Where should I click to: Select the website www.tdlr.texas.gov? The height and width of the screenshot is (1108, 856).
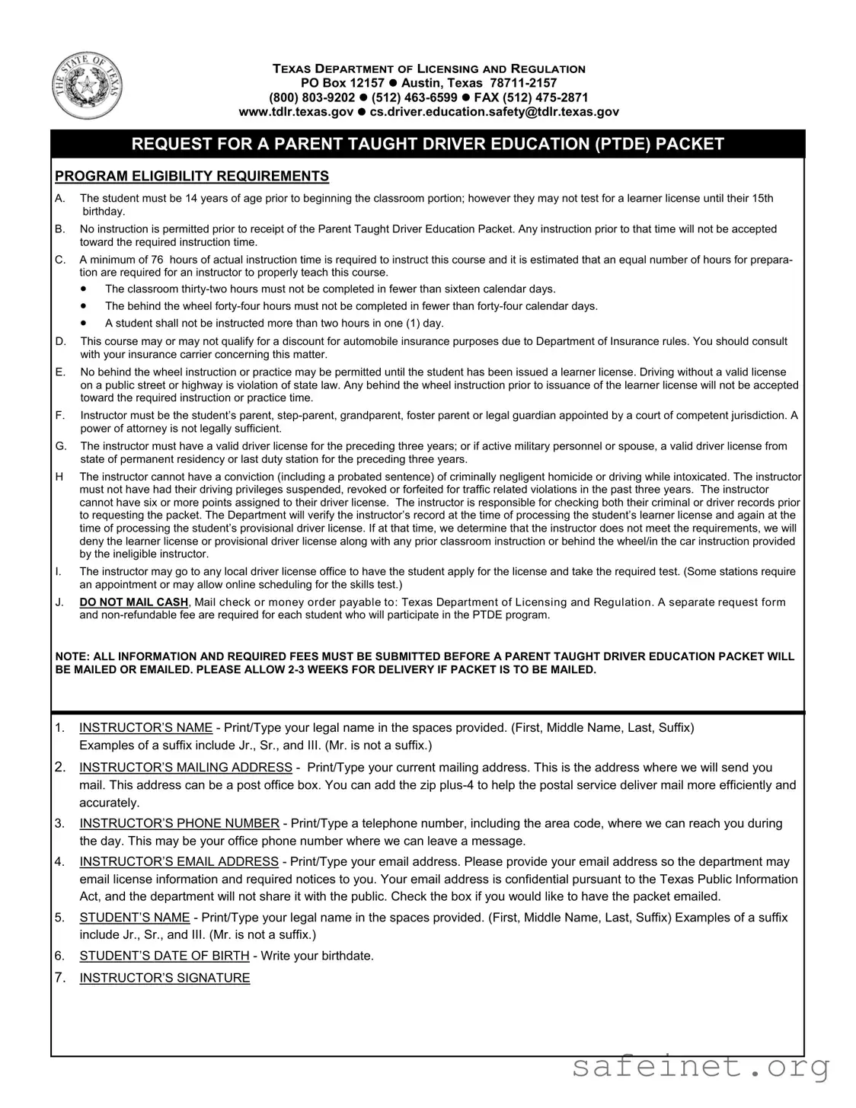[x=296, y=112]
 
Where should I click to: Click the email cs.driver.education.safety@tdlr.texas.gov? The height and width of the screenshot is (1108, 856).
[x=494, y=112]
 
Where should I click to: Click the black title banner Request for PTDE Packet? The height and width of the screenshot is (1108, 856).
[x=427, y=144]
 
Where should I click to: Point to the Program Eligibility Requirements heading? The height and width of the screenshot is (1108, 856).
[x=192, y=177]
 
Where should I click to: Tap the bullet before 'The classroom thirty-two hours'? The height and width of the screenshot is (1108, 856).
[x=83, y=289]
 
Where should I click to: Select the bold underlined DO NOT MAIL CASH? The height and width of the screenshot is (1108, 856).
[x=134, y=602]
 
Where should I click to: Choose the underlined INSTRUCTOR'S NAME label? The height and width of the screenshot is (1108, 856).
[x=145, y=728]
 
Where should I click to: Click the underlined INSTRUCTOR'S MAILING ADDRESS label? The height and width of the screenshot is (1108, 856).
[x=186, y=768]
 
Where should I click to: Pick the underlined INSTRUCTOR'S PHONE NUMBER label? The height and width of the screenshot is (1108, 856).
[x=179, y=823]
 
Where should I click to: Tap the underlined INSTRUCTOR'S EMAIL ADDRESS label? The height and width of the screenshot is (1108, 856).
[x=179, y=862]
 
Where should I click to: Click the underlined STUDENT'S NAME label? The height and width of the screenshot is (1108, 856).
[x=135, y=918]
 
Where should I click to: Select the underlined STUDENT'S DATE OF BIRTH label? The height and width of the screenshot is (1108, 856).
[x=164, y=956]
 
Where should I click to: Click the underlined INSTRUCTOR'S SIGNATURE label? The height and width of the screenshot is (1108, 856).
[x=164, y=979]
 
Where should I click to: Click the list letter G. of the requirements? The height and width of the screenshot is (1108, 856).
[x=60, y=446]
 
